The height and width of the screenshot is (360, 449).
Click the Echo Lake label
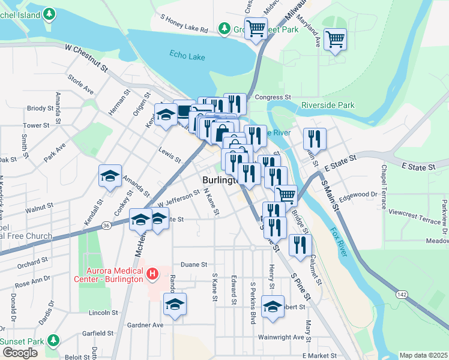[187, 54]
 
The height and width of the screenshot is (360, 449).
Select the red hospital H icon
[152, 274]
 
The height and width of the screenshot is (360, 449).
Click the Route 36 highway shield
[106, 225]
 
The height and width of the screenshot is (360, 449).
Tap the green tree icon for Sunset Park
[54, 340]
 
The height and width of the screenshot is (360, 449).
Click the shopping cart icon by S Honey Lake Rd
[256, 28]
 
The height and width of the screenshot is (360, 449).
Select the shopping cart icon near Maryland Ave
[335, 40]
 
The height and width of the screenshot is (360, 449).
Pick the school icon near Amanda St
[110, 176]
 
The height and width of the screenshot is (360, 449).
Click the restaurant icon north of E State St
[315, 139]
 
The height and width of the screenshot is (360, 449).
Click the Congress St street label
[273, 97]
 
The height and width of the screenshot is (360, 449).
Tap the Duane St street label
[194, 264]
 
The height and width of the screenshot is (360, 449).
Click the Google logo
[20, 353]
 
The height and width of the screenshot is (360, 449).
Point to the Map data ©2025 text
[423, 355]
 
